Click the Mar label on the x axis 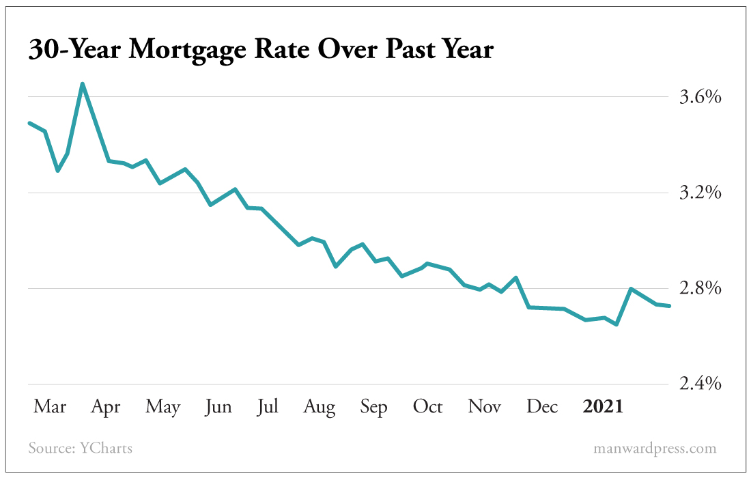click(x=50, y=407)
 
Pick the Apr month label click(x=106, y=407)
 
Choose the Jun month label click(x=218, y=407)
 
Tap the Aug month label click(x=319, y=408)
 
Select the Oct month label click(x=427, y=407)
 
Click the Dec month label click(x=543, y=407)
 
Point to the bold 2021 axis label click(x=603, y=407)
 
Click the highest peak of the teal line click(x=82, y=84)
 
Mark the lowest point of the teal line click(x=617, y=324)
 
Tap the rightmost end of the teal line click(x=670, y=306)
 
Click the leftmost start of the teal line click(x=29, y=123)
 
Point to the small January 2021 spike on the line click(x=631, y=289)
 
